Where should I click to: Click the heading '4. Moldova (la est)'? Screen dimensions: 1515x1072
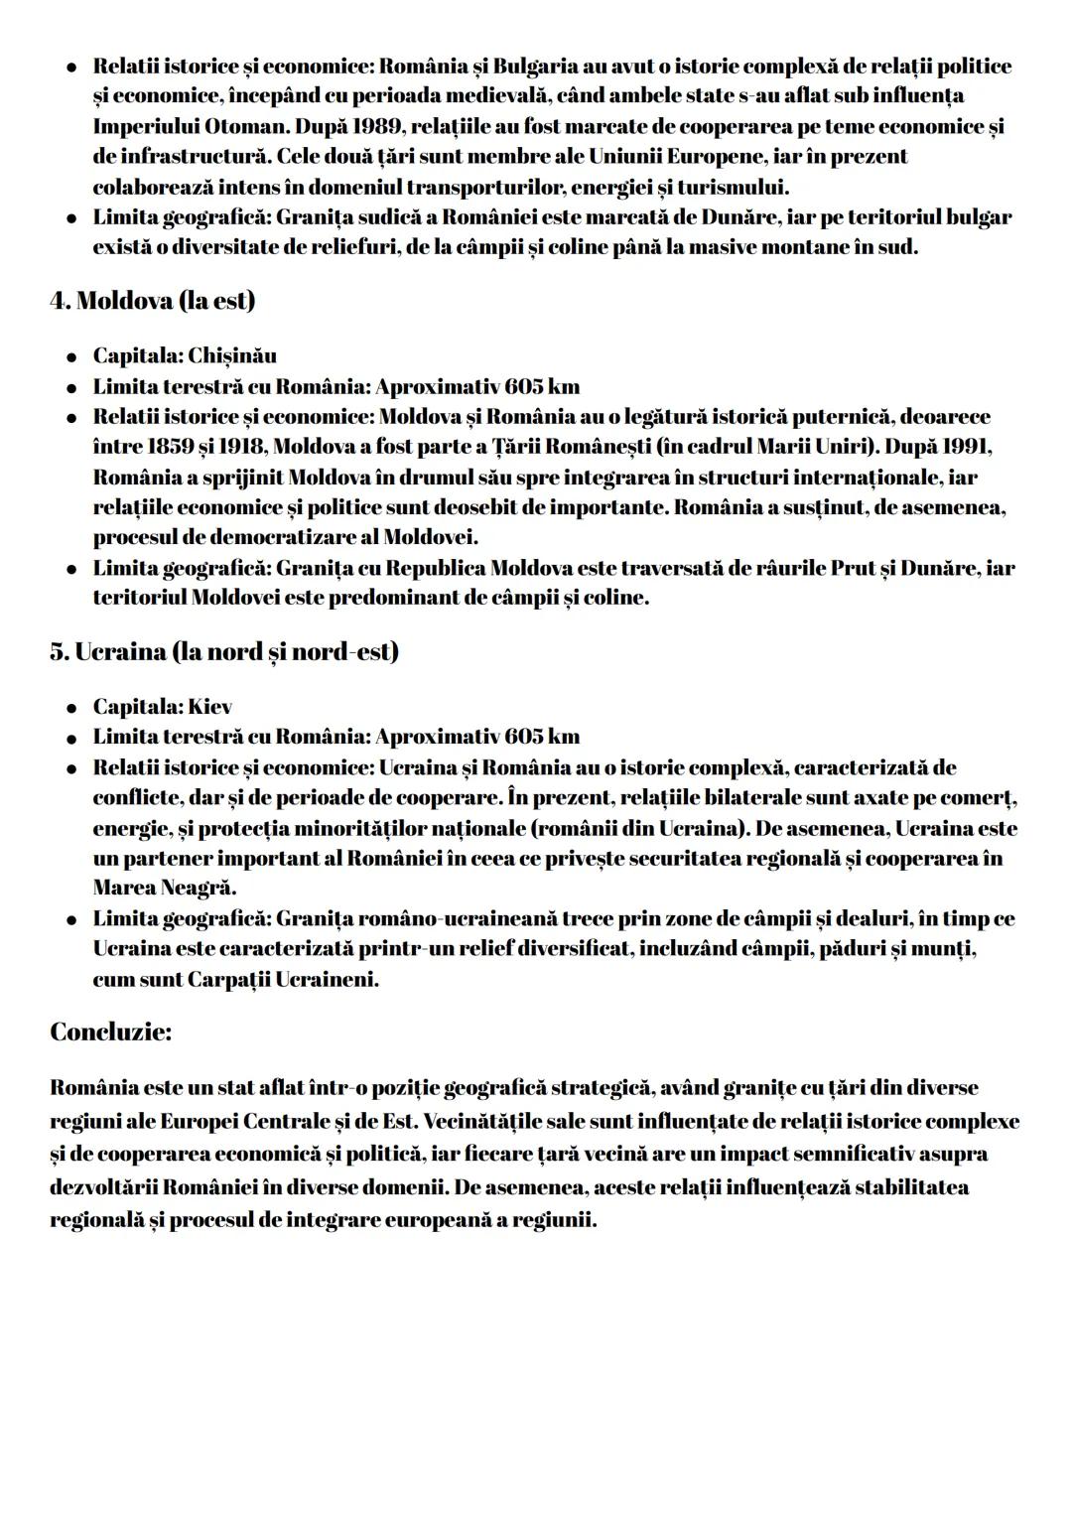pyautogui.click(x=152, y=301)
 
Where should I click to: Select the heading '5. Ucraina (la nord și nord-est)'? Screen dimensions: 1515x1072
pyautogui.click(x=224, y=652)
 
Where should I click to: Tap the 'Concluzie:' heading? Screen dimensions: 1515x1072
pyautogui.click(x=110, y=1032)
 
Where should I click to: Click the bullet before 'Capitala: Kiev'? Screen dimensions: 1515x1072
pyautogui.click(x=72, y=708)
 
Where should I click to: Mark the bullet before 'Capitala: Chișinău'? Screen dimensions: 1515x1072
pyautogui.click(x=72, y=356)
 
